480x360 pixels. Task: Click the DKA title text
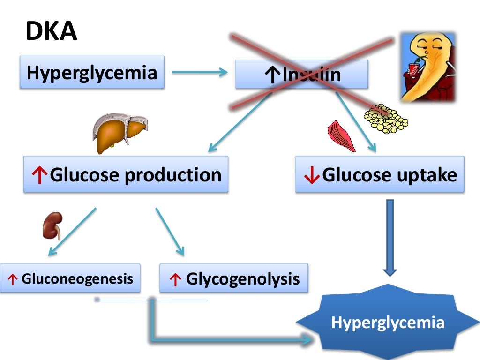point(51,32)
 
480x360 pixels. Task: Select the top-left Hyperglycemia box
point(92,72)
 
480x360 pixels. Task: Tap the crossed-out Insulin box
point(301,74)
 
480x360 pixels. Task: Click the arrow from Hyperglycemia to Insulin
point(200,72)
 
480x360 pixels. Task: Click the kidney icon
point(52,225)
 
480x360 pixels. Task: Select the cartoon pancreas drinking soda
point(427,67)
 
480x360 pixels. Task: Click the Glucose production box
point(126,174)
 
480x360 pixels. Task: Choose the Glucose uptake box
point(380,174)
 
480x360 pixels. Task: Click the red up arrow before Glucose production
point(40,175)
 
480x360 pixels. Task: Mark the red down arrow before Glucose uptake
point(311,175)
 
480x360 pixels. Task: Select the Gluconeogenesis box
point(70,278)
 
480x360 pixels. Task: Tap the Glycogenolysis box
point(234,279)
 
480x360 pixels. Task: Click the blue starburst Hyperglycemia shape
point(388,322)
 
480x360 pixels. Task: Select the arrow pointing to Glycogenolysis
point(170,232)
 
